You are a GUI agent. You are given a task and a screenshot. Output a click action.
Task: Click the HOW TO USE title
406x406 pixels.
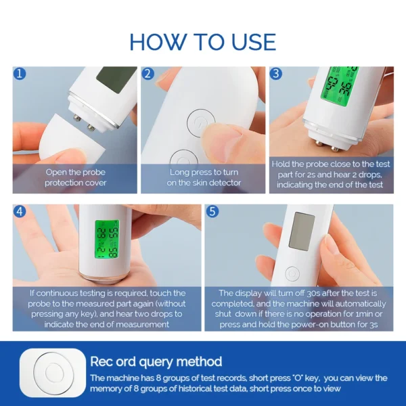click(202, 41)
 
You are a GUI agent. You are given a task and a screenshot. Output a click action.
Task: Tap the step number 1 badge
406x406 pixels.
click(20, 73)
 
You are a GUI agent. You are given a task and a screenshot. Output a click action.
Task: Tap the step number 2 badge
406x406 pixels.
click(149, 73)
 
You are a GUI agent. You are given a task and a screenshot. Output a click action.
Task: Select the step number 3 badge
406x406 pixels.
click(277, 73)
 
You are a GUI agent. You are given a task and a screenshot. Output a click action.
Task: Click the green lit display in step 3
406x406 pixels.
click(342, 85)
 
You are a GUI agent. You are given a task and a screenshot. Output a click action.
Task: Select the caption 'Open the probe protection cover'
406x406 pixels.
click(75, 177)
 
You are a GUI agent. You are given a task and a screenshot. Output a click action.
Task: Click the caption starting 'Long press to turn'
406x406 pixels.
click(205, 177)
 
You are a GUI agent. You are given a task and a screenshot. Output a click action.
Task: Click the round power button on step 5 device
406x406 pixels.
click(292, 275)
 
